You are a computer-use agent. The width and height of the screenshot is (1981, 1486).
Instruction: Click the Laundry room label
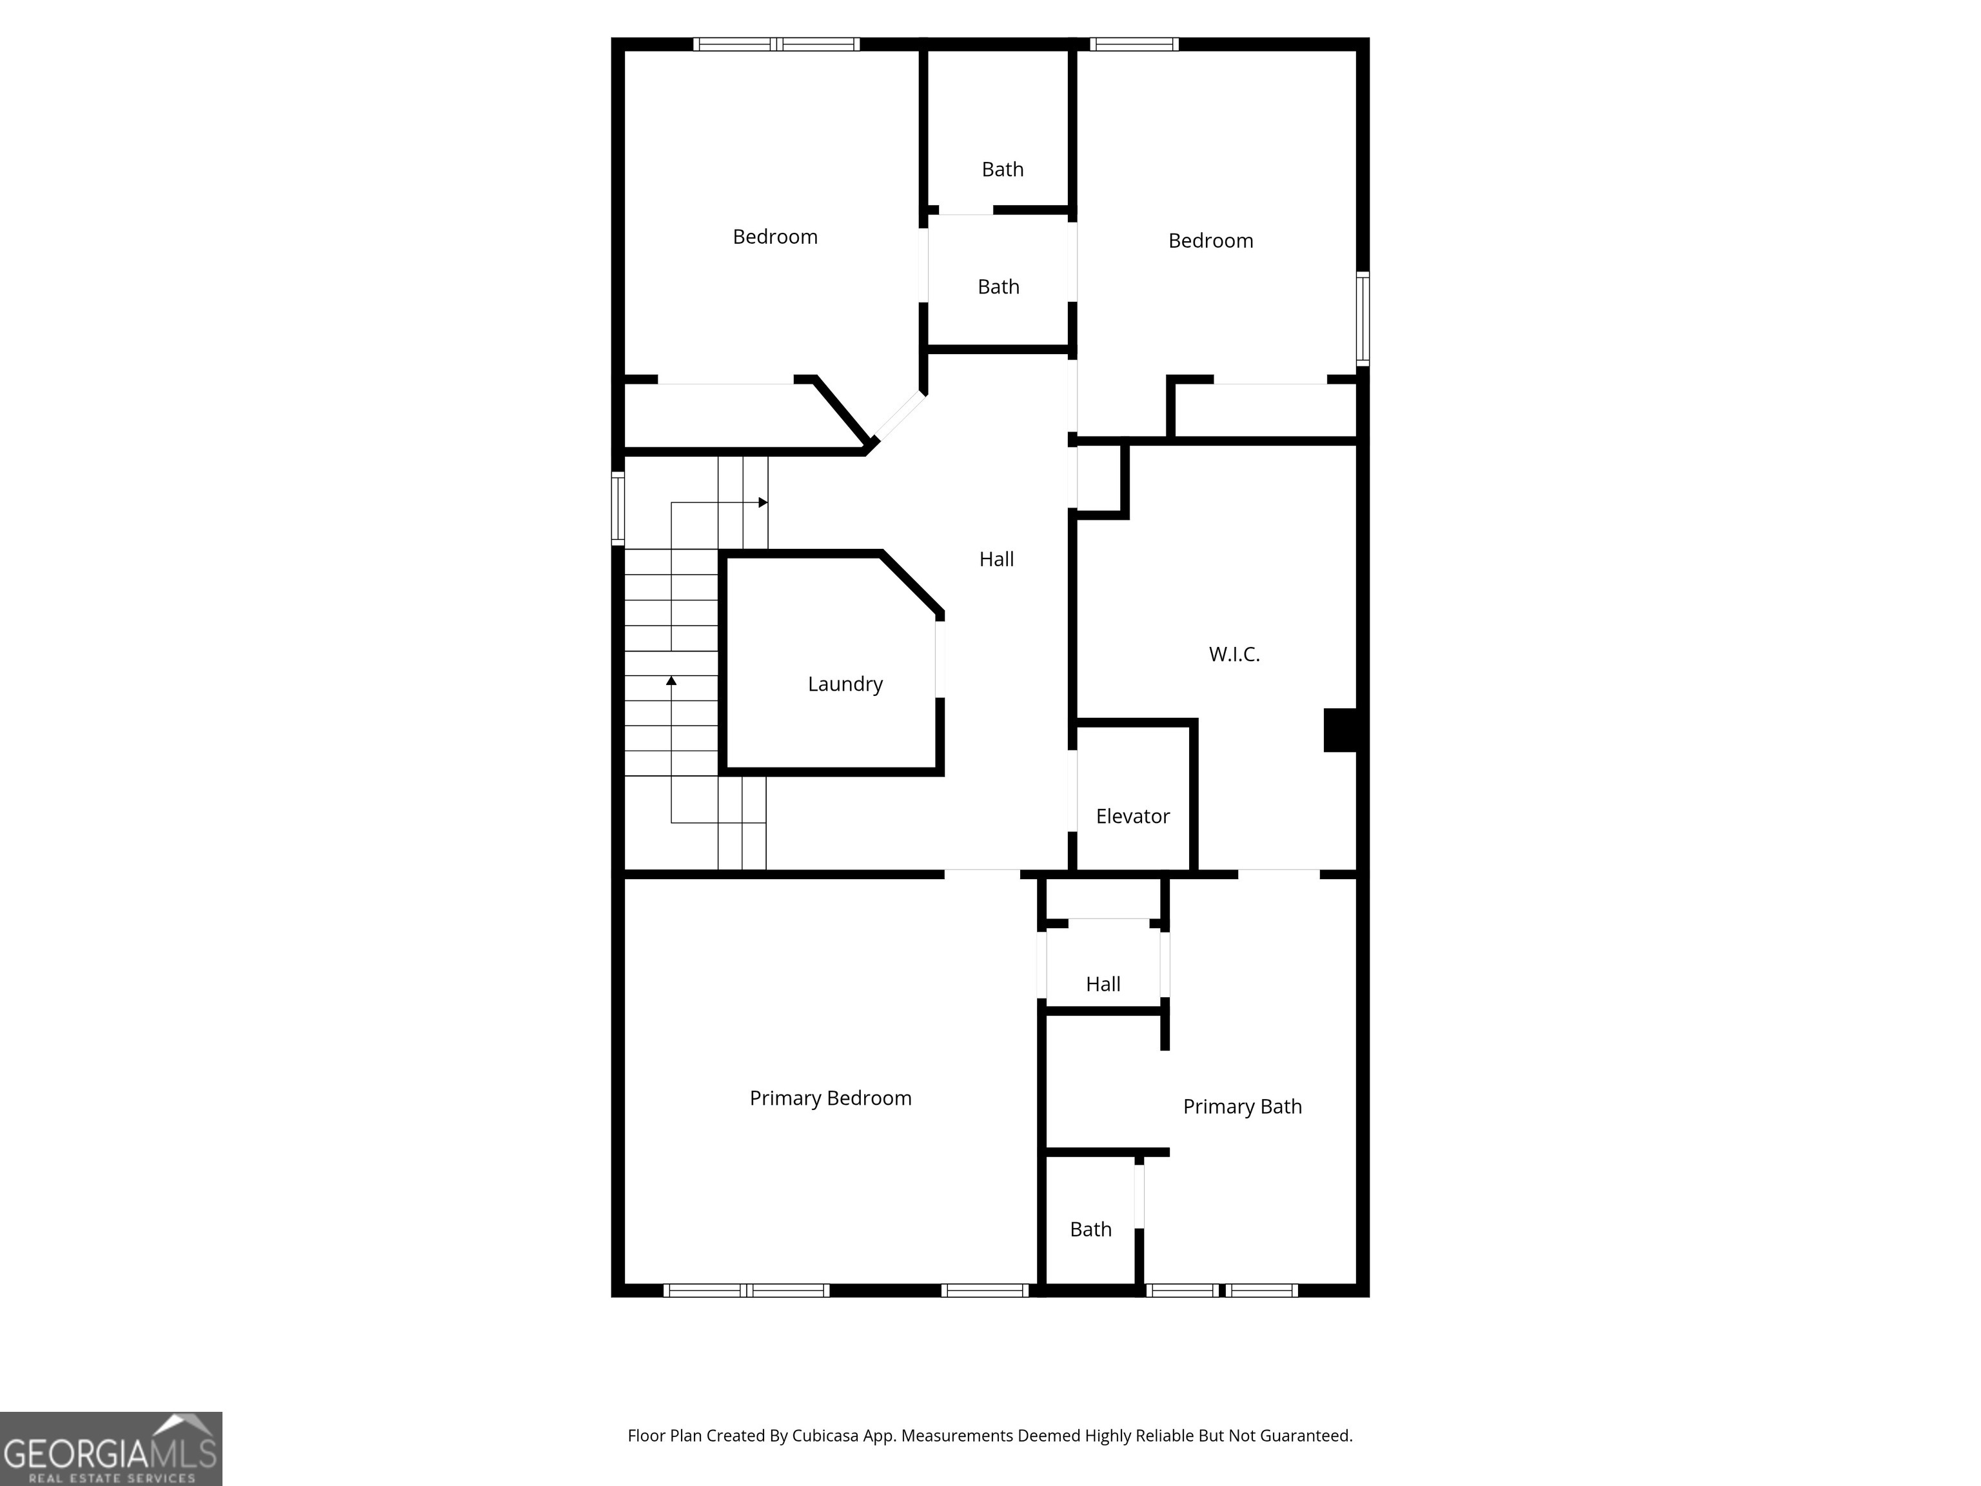[x=845, y=684]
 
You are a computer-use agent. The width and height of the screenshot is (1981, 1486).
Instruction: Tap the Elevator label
[x=1132, y=816]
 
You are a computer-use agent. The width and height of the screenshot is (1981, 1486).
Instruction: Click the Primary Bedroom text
[x=830, y=1098]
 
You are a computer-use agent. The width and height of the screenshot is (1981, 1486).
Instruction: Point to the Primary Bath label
[x=1241, y=1106]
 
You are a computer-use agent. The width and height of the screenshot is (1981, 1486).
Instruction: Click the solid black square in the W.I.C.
[x=1341, y=730]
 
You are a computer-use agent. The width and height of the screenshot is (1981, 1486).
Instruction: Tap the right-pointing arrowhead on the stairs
[x=763, y=502]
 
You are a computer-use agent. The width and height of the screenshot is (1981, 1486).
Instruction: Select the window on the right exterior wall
[x=1362, y=318]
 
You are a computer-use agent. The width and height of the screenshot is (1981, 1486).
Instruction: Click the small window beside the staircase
[x=618, y=508]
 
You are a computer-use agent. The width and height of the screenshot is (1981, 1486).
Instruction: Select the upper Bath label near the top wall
[x=1002, y=169]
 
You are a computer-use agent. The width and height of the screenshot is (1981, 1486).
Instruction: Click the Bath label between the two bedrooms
[x=998, y=286]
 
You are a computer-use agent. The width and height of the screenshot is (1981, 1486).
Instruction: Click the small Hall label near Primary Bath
[x=1103, y=984]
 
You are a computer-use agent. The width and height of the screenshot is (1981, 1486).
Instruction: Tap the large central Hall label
[x=996, y=559]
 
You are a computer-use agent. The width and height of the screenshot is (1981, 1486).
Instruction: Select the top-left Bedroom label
[x=774, y=237]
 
